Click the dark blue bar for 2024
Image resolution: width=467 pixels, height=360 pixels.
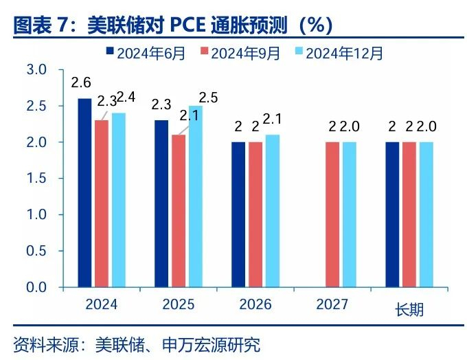point(84,192)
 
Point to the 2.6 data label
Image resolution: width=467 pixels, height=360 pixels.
point(81,83)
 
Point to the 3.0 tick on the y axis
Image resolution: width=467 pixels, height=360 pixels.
point(36,70)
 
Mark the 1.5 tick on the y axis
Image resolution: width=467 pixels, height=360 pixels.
point(36,179)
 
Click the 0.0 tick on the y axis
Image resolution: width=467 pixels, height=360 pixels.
point(36,287)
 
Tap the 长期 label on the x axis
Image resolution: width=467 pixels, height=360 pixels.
point(409,309)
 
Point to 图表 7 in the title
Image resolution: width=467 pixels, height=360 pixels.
point(43,25)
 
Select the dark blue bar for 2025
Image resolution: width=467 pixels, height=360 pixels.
point(161,203)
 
